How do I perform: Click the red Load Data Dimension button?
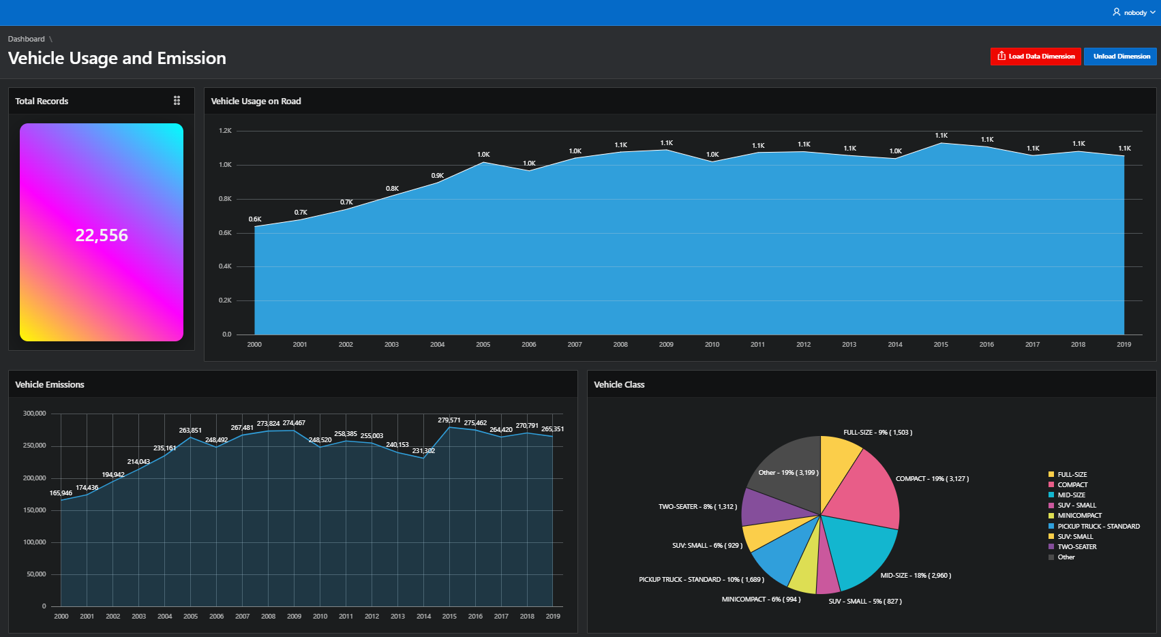1036,57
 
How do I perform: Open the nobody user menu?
1133,12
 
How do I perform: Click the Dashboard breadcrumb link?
27,39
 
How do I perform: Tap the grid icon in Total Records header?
177,100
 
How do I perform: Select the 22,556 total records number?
102,235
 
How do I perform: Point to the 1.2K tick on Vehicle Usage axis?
226,131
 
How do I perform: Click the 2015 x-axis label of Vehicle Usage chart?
941,345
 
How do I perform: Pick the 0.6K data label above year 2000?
255,219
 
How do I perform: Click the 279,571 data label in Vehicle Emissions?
449,420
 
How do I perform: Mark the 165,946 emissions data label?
61,493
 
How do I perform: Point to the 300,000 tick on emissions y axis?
35,414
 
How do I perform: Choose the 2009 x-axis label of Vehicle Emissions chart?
294,617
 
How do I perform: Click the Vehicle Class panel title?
619,384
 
